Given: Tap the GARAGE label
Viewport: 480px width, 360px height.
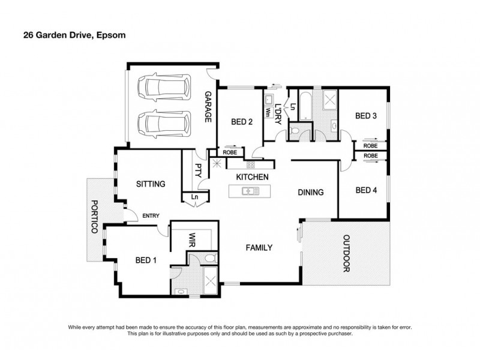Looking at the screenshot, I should point(208,107).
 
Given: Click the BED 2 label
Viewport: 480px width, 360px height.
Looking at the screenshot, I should point(241,122).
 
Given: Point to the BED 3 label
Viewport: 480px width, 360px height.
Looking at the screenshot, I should point(365,116).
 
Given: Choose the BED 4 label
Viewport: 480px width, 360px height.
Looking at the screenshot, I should point(365,191).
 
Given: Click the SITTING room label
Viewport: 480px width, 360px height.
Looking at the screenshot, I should point(150,184).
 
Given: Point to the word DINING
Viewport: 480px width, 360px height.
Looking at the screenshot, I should point(311,193).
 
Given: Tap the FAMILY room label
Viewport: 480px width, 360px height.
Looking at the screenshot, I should point(258,247).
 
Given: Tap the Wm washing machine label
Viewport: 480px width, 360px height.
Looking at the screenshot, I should point(267,112).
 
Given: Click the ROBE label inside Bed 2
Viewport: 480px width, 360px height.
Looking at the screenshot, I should point(229,153).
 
